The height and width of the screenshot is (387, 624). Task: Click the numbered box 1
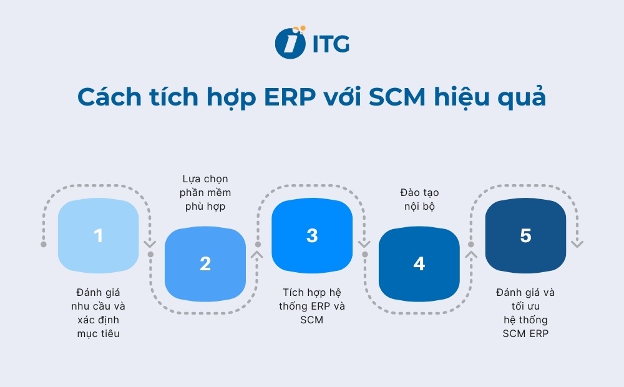click(98, 236)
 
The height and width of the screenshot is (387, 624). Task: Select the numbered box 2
click(205, 263)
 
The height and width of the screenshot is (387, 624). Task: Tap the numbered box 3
click(312, 236)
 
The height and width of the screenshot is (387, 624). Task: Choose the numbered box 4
click(419, 263)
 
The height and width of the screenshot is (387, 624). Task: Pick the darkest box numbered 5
click(525, 236)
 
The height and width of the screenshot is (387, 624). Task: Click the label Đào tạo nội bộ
click(419, 200)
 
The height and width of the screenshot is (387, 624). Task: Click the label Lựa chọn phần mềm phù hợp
click(205, 193)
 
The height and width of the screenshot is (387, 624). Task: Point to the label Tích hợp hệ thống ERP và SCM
click(312, 306)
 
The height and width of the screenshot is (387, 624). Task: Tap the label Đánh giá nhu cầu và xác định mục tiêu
click(98, 313)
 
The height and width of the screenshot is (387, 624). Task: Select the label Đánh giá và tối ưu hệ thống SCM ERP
click(525, 313)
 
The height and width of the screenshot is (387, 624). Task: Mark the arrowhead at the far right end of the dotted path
click(577, 244)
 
